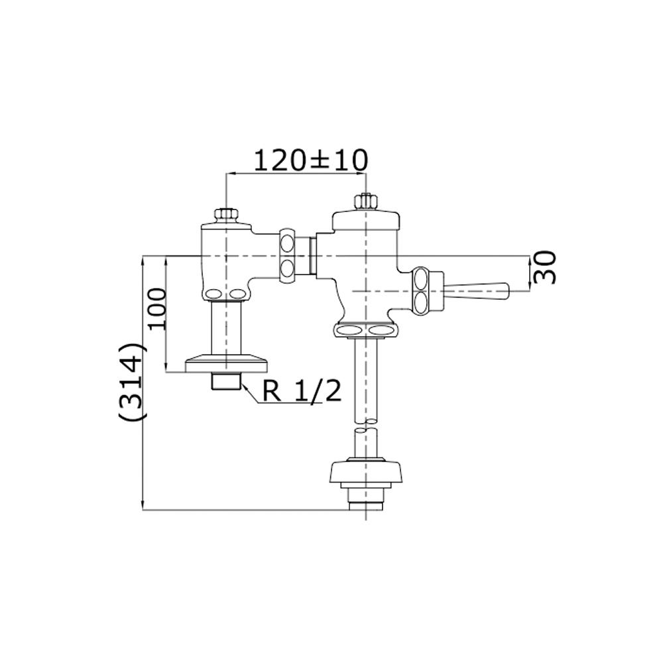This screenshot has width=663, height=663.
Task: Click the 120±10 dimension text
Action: click(311, 160)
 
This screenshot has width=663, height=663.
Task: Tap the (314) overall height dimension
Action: click(133, 381)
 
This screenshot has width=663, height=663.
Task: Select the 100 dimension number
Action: click(157, 308)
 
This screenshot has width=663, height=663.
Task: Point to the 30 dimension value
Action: click(545, 267)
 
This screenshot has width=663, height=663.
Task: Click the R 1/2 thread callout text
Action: click(302, 392)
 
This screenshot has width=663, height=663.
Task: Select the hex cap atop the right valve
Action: click(366, 202)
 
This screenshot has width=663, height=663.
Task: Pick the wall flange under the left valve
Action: click(226, 364)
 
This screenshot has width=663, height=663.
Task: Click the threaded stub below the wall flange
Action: click(226, 382)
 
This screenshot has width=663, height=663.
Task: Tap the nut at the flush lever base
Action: click(421, 291)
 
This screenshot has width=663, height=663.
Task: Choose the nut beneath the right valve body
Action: click(366, 330)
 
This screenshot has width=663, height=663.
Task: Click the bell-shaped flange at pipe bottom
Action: click(366, 472)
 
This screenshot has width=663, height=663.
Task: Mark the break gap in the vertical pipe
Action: click(366, 425)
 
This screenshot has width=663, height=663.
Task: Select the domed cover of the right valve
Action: click(366, 220)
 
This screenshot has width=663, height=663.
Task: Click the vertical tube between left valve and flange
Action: click(226, 328)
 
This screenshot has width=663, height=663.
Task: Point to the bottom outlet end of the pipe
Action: click(366, 506)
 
